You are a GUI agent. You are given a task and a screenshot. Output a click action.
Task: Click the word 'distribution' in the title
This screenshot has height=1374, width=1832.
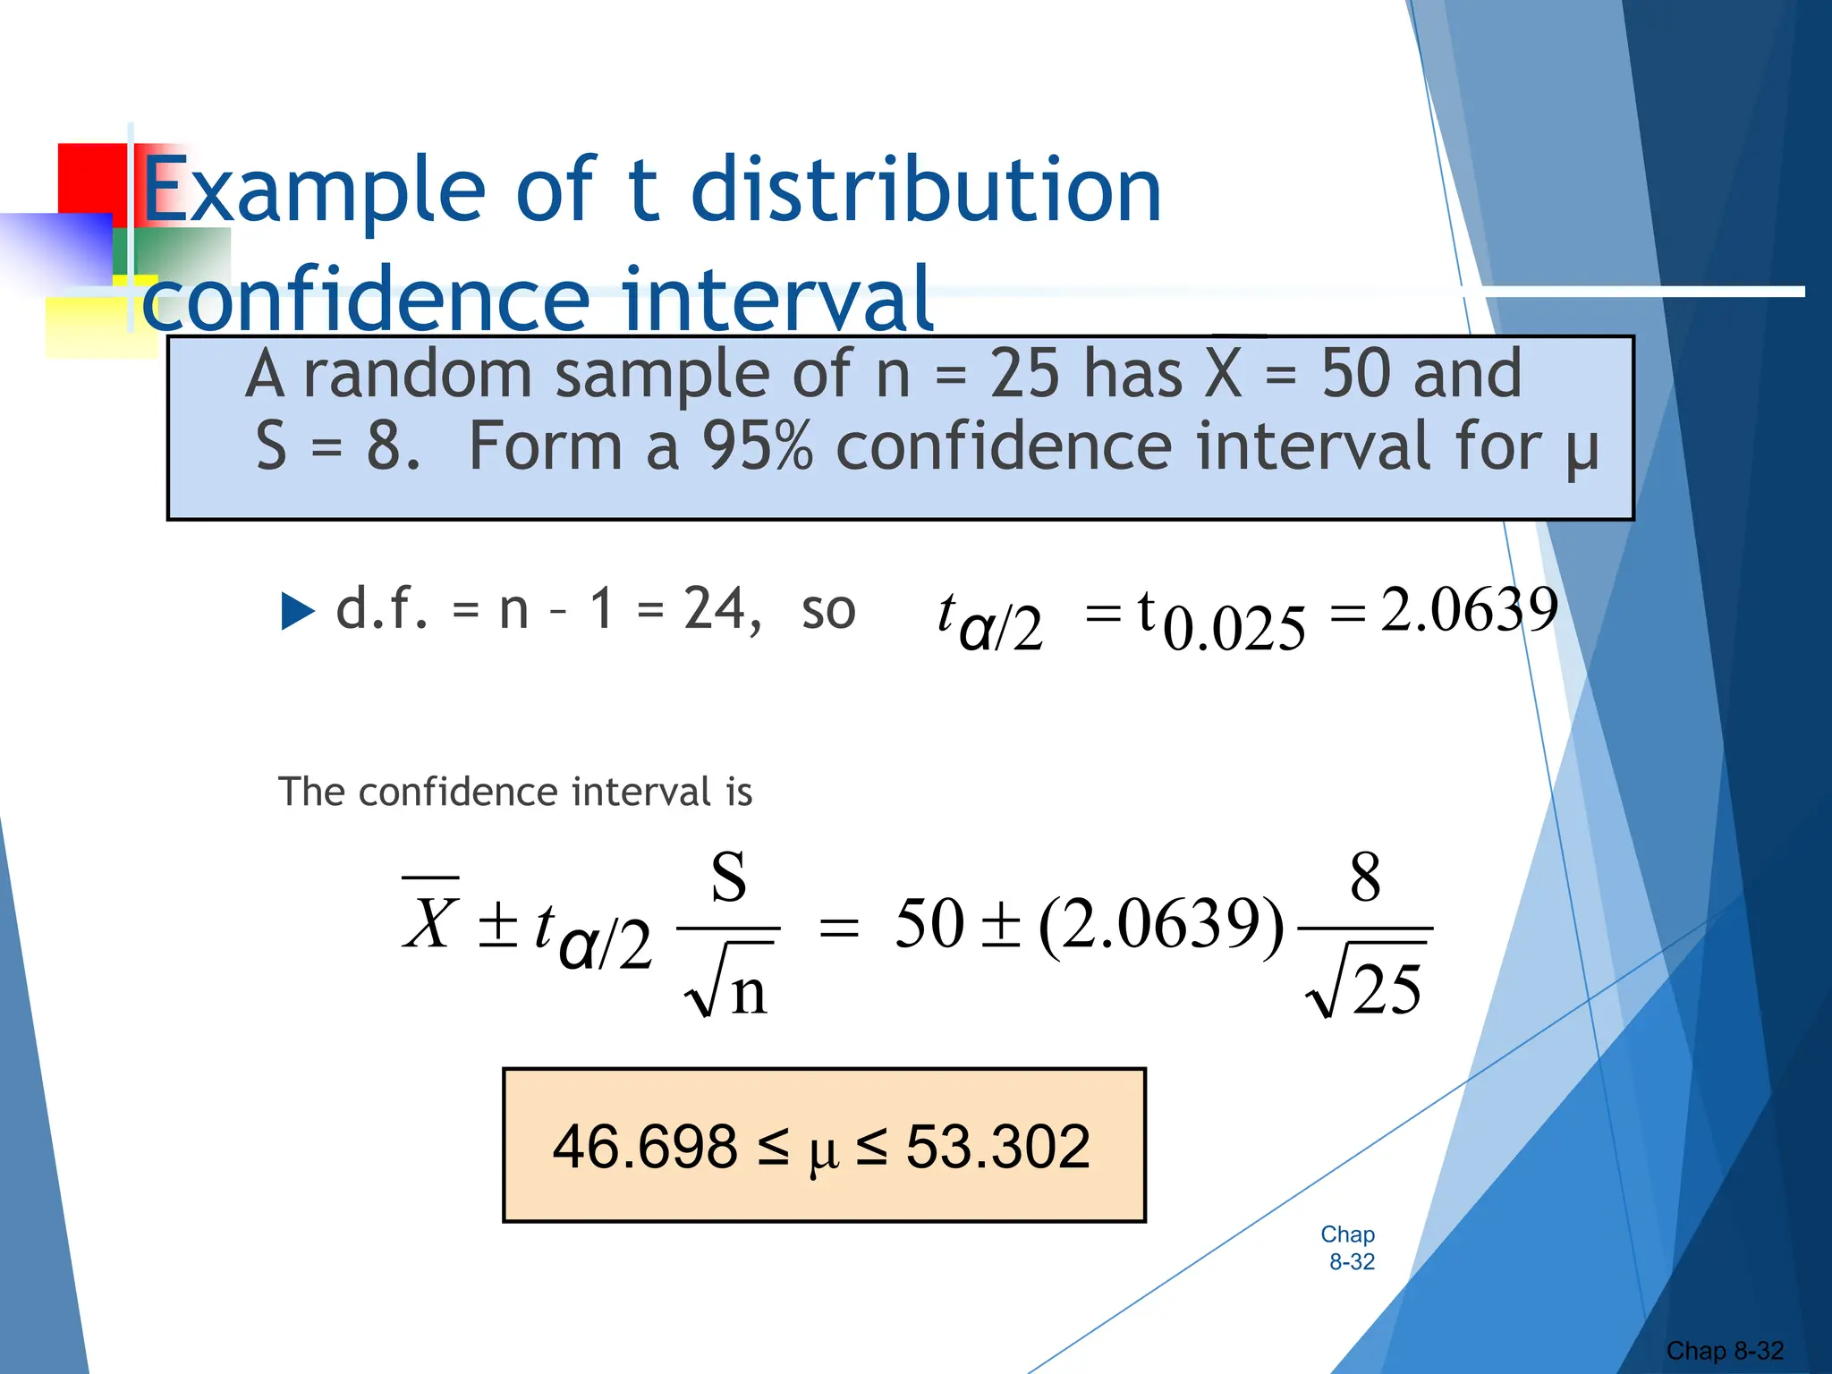926,190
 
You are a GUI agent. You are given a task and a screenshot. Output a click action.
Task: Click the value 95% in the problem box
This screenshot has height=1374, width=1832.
757,446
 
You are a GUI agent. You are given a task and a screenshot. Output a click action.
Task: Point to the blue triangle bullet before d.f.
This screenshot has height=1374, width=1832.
298,612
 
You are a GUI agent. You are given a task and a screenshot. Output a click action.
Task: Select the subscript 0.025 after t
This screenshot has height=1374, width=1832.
1234,629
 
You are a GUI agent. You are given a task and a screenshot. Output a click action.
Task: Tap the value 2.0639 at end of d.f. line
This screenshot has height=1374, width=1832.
1469,610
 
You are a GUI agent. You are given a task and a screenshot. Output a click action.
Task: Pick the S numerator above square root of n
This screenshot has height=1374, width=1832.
728,878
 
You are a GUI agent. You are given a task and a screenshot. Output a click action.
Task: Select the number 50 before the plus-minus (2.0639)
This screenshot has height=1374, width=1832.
929,923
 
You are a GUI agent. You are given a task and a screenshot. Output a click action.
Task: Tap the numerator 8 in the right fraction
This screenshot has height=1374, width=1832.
1365,878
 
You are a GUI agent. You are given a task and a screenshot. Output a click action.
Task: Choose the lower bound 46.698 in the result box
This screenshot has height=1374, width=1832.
645,1147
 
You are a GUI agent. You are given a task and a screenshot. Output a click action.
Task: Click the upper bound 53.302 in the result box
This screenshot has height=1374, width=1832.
997,1147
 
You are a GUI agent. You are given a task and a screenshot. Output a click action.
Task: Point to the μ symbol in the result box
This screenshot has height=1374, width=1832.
823,1152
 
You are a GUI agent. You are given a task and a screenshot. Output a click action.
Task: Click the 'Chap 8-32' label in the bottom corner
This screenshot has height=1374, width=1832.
1725,1351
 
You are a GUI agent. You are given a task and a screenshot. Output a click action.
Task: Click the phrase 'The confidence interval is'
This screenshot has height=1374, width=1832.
515,793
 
